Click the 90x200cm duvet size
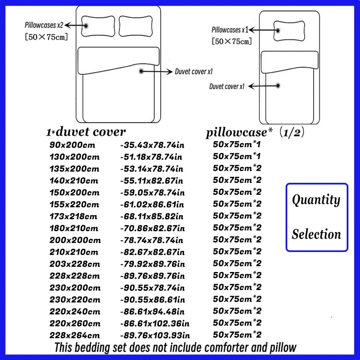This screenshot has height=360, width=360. tap(72, 145)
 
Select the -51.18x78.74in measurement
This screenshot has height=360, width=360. tap(151, 157)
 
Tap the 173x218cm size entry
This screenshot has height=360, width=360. tap(73, 216)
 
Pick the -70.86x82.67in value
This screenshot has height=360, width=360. tap(152, 228)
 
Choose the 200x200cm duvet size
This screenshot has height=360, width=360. tap(75, 240)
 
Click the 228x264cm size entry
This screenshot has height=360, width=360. tap(75, 336)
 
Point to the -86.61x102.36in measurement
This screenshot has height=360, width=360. tap(155, 324)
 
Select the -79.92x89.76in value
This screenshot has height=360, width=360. tap(152, 264)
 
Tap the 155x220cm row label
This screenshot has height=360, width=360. tap(74, 204)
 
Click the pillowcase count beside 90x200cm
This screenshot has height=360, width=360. tap(237, 144)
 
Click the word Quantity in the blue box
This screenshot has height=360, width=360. tap(316, 200)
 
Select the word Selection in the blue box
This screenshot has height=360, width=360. tap(316, 234)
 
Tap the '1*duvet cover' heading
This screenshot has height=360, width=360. tap(86, 132)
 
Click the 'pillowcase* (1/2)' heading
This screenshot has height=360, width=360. tap(255, 132)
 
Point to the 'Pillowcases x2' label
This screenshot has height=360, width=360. tap(44, 25)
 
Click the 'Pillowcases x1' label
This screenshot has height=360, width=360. tap(230, 30)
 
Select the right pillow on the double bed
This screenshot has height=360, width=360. tap(136, 26)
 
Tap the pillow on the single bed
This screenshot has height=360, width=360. tap(289, 31)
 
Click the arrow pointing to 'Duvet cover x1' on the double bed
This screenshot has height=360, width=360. tap(156, 72)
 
